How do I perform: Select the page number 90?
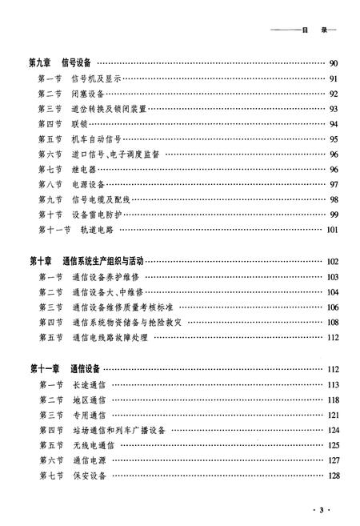point(334,63)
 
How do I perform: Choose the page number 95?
point(334,139)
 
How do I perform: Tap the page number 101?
point(333,230)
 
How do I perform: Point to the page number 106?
point(333,307)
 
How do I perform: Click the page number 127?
point(333,460)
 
